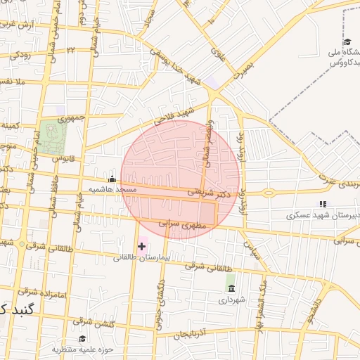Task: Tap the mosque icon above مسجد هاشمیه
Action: tap(112, 179)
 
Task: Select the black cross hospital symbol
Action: tap(142, 245)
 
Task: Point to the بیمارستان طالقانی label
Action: tap(141, 257)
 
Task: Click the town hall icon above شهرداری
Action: tap(230, 288)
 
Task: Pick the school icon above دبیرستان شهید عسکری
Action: tap(323, 203)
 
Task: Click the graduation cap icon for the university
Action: tap(347, 42)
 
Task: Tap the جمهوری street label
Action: tap(71, 117)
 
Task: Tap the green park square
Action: tap(50, 134)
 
